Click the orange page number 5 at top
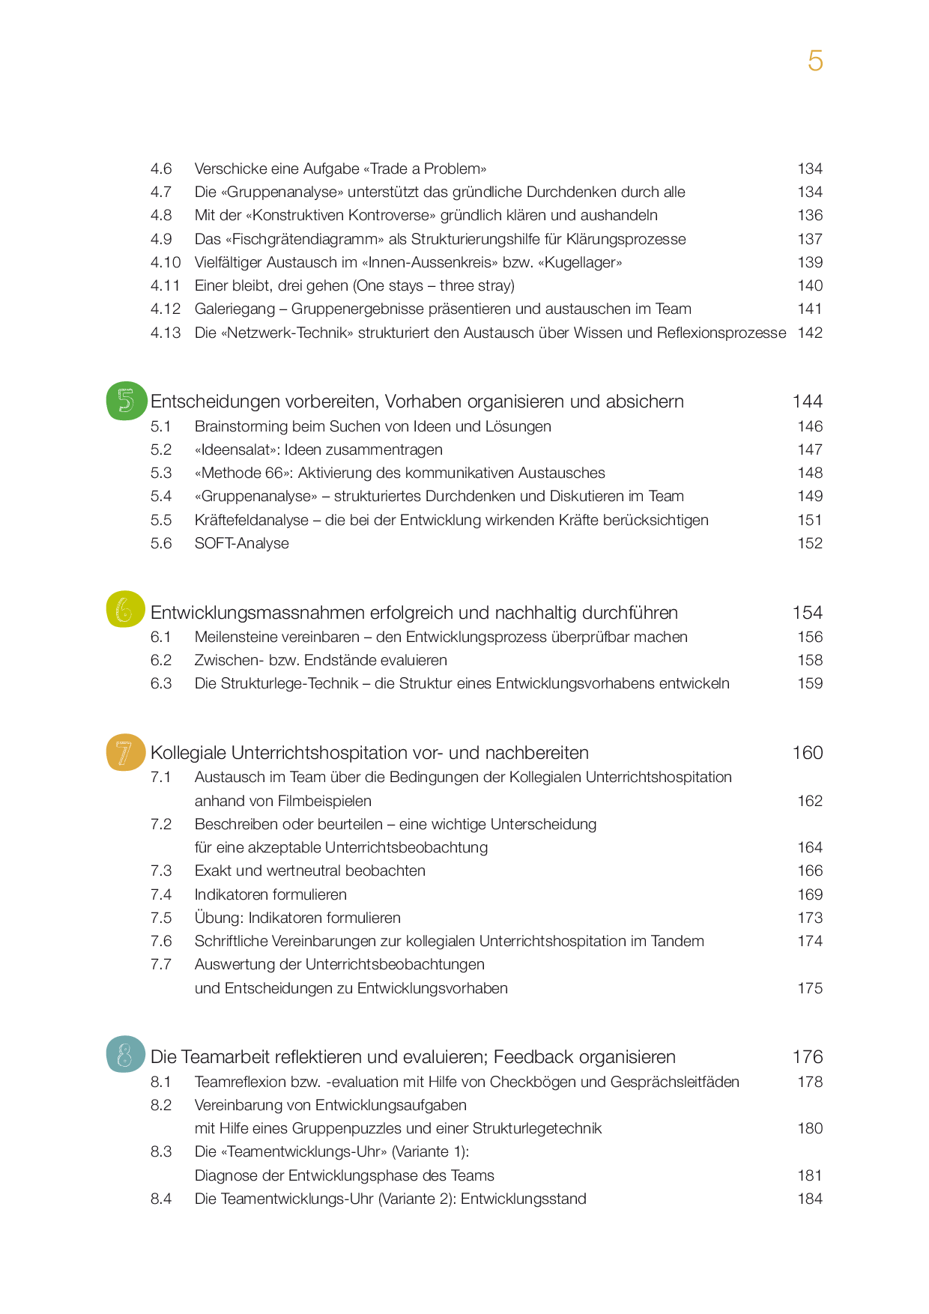coord(815,61)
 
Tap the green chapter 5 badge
coord(126,401)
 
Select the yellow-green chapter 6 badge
coord(125,610)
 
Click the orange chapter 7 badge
coord(125,752)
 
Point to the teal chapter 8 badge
coord(125,1055)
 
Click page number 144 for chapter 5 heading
coord(807,402)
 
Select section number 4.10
coord(165,262)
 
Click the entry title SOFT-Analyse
coord(241,543)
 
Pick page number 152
coord(809,543)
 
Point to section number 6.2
coord(161,660)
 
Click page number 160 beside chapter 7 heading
coord(807,753)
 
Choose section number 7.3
coord(161,871)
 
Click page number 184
coord(809,1199)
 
